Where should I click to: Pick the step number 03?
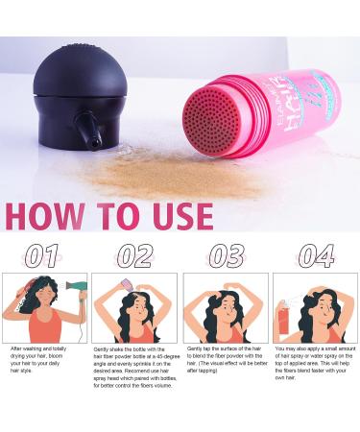tap(227, 256)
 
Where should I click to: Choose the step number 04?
tap(316, 256)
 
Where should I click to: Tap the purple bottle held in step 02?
tap(126, 285)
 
